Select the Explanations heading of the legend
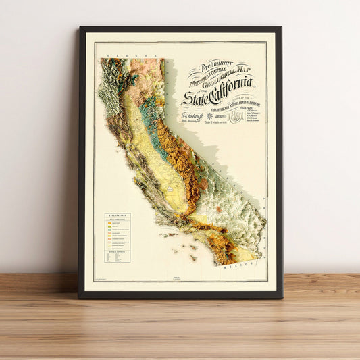coord(117,216)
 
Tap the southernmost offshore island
coord(193,258)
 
